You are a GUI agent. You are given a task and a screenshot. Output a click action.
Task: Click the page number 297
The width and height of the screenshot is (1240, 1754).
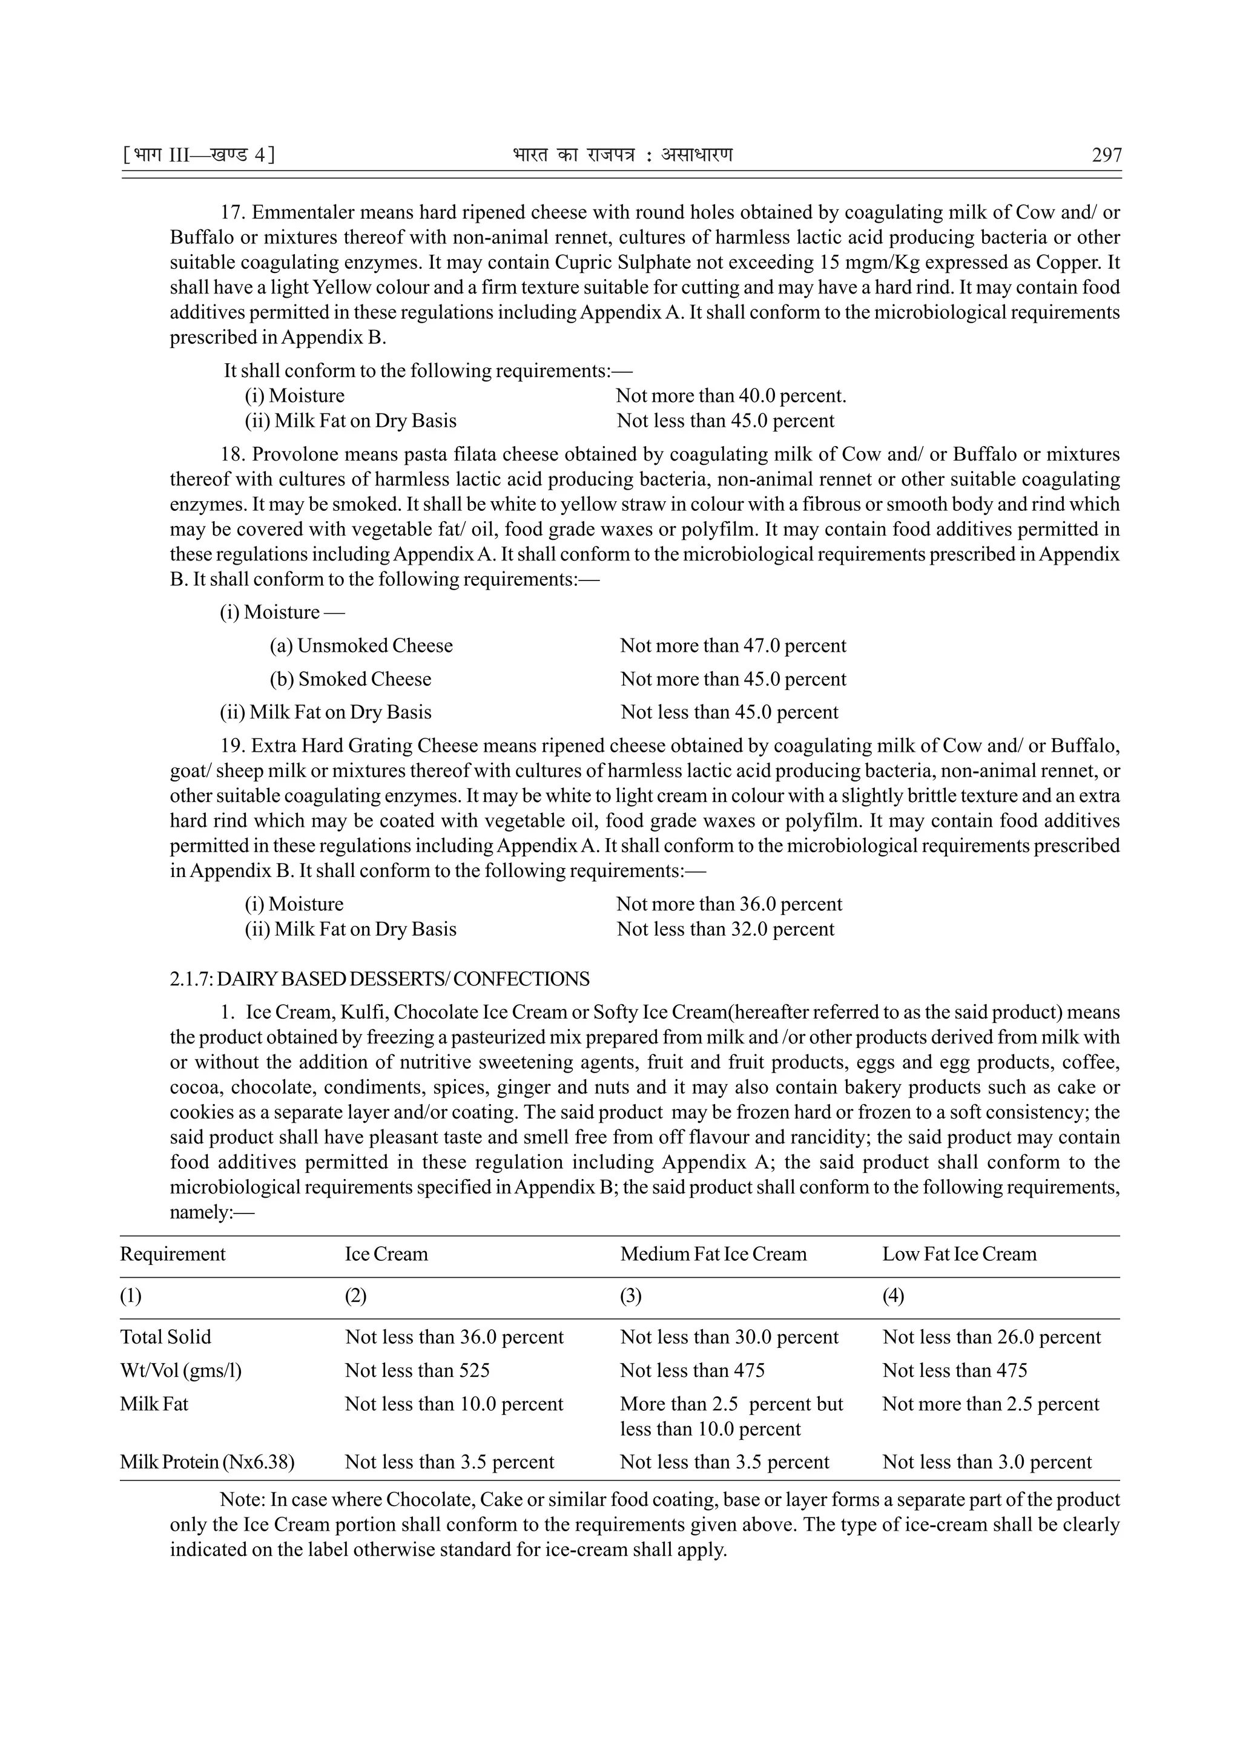tap(1106, 156)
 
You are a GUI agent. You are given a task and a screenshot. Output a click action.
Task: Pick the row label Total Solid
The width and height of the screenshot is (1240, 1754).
tap(165, 1338)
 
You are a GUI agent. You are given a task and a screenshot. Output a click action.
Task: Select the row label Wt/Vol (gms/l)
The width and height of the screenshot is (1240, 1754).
tap(180, 1370)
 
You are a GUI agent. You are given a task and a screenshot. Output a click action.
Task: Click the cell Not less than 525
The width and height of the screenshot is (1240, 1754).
tap(417, 1370)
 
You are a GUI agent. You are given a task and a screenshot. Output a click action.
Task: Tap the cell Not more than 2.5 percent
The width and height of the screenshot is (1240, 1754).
tap(990, 1404)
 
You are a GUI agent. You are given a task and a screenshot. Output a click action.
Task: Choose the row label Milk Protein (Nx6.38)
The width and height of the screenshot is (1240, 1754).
tap(207, 1462)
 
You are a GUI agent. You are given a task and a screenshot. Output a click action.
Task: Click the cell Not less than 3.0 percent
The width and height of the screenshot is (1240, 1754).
tap(986, 1462)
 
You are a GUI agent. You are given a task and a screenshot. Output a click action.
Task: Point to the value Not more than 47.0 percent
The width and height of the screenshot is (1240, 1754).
tap(733, 646)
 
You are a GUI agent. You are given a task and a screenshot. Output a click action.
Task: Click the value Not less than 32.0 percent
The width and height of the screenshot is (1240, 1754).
tap(725, 930)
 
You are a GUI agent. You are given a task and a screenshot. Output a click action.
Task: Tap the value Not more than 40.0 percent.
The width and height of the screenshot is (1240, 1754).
tap(730, 396)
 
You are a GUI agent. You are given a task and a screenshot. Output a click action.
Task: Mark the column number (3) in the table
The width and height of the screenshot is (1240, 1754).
tap(631, 1296)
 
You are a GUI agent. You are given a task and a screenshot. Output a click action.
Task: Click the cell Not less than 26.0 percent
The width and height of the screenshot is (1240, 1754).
tap(991, 1338)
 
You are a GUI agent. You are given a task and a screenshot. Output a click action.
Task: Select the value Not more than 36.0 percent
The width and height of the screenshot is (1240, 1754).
tap(729, 904)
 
